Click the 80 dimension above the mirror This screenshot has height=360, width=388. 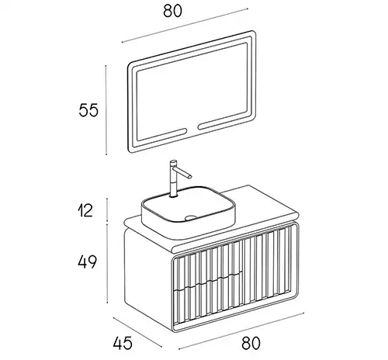point(172,11)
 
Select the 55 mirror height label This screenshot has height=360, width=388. point(88,110)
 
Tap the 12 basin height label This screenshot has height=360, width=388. point(85,210)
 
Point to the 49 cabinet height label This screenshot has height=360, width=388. point(87,261)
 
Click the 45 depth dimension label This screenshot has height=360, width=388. point(123,343)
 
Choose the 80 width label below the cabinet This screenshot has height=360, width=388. point(251,343)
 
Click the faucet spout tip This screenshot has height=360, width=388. point(190,176)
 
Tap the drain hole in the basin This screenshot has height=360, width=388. point(191,218)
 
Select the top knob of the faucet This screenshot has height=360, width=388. point(174,163)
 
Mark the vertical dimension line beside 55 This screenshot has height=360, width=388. point(106,110)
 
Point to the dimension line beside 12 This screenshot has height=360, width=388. point(107,209)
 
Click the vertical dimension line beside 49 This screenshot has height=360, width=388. point(107,263)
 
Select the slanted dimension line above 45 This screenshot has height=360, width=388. point(137,332)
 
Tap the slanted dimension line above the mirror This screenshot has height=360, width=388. point(185,25)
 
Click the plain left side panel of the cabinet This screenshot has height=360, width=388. point(148,279)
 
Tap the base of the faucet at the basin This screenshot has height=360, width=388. point(173,196)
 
